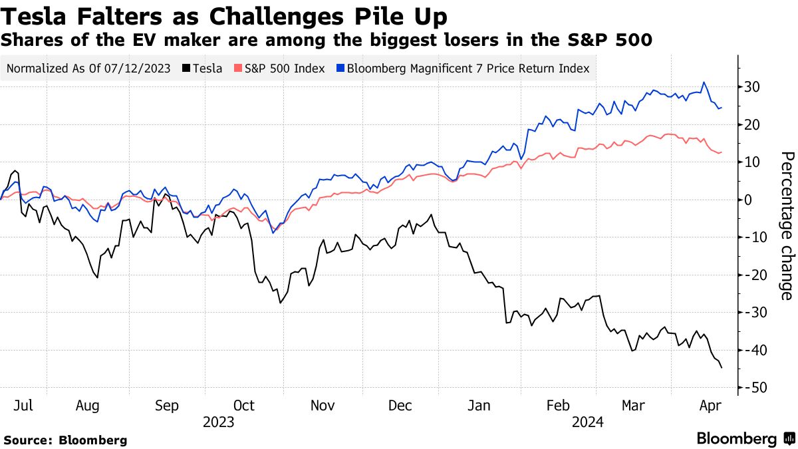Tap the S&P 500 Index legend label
tap(285, 68)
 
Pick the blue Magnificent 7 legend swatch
tap(340, 68)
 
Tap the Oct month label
tap(244, 406)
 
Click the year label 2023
tap(219, 422)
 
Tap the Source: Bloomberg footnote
tap(65, 440)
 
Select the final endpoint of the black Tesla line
tap(722, 367)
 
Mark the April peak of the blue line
tap(704, 82)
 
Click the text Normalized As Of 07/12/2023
tap(89, 68)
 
